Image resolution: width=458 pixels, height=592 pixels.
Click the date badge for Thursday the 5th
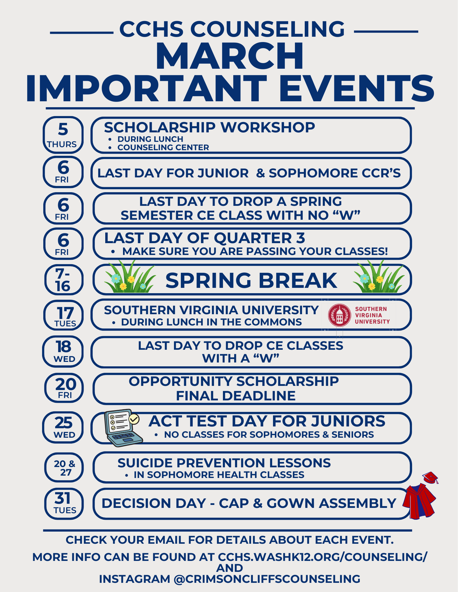pyautogui.click(x=63, y=135)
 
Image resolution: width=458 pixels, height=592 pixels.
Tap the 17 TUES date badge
pyautogui.click(x=63, y=315)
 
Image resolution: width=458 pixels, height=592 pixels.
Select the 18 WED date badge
pyautogui.click(x=63, y=351)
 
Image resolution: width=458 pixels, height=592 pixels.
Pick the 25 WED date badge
pyautogui.click(x=63, y=427)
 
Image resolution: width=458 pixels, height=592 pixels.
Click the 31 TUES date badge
pyautogui.click(x=64, y=503)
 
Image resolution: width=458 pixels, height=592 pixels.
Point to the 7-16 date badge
pyautogui.click(x=64, y=280)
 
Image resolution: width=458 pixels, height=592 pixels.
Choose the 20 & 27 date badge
pyautogui.click(x=64, y=468)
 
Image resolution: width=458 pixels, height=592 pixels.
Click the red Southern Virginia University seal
pyautogui.click(x=340, y=315)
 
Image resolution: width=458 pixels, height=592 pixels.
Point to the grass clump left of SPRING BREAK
pyautogui.click(x=130, y=277)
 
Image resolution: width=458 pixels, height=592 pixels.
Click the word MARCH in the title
pyautogui.click(x=230, y=56)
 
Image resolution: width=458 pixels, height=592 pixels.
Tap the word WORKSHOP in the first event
pyautogui.click(x=268, y=128)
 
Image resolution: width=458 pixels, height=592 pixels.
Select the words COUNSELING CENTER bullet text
pyautogui.click(x=163, y=147)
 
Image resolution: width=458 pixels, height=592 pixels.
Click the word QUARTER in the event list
pyautogui.click(x=253, y=238)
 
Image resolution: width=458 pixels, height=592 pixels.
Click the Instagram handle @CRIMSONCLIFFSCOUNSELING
pyautogui.click(x=267, y=579)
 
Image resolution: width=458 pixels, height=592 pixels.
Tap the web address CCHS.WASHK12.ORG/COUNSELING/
pyautogui.click(x=323, y=557)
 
